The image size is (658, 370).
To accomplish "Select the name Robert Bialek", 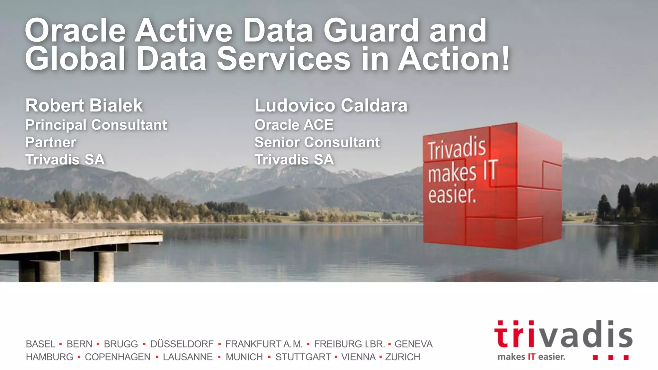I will (84, 105).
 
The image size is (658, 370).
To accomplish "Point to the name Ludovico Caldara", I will (331, 105).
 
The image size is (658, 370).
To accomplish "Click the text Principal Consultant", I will (96, 125).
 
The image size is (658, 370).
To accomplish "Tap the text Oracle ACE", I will (294, 125).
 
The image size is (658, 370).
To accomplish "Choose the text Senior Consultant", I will (317, 142).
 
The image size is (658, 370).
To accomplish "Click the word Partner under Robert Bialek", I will (51, 142).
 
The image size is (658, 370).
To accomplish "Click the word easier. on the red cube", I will (452, 195).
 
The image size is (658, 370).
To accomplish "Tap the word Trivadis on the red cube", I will (457, 148).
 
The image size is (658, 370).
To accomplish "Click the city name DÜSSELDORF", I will (182, 344).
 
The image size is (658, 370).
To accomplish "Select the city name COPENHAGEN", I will (118, 357).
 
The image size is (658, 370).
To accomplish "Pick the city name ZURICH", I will (403, 357).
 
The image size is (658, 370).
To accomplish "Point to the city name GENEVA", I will (413, 344).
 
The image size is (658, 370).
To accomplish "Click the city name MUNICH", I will (244, 357).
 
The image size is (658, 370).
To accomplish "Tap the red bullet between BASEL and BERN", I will (60, 344).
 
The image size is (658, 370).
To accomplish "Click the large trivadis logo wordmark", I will (563, 335).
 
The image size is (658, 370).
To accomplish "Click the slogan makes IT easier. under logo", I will (531, 357).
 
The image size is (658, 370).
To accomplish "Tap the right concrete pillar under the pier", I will (103, 267).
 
